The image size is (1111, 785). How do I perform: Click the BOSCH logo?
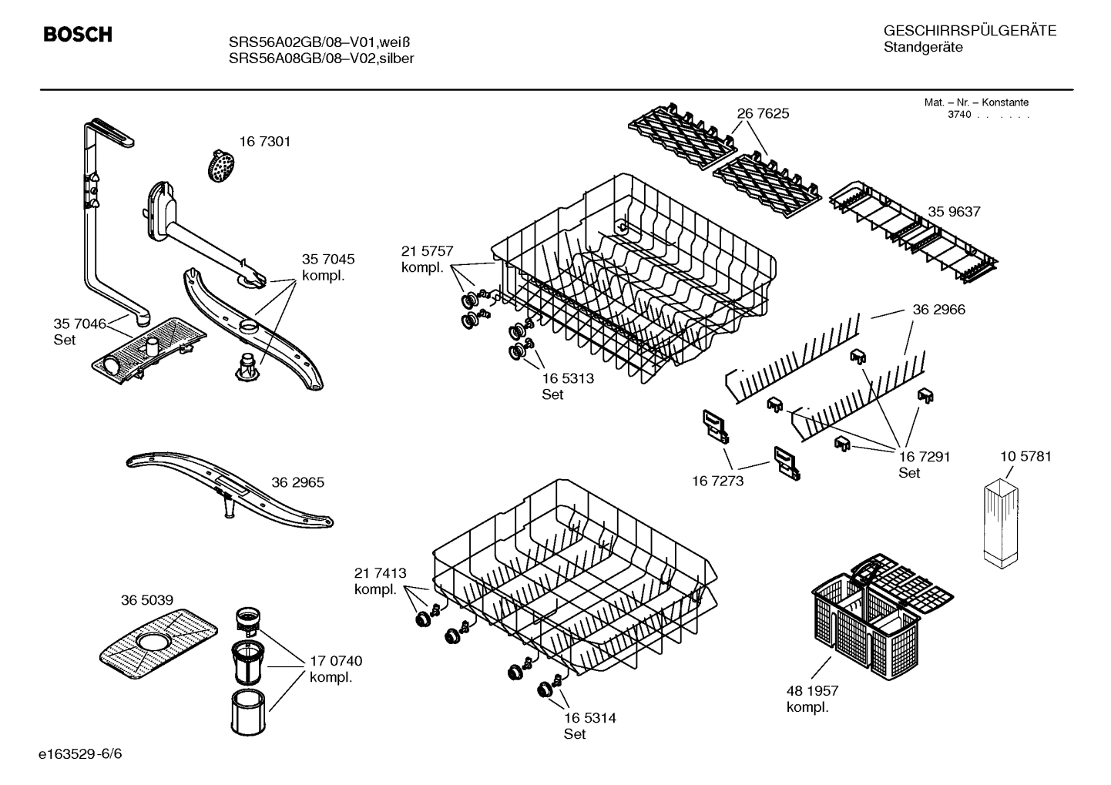[x=78, y=35]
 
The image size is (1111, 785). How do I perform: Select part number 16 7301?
[x=264, y=142]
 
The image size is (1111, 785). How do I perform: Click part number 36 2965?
[x=297, y=483]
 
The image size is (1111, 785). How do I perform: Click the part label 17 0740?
[x=335, y=661]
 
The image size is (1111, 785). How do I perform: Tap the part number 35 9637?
[x=954, y=212]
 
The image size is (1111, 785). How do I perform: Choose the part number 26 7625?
[x=763, y=114]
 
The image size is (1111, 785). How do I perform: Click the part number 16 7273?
[x=717, y=481]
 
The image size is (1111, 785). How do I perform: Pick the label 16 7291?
[x=924, y=457]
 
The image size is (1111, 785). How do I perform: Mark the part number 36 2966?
[x=938, y=310]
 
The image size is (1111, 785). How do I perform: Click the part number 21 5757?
[x=427, y=251]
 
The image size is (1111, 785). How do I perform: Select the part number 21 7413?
[x=380, y=573]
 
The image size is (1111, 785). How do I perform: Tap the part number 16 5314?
[x=589, y=718]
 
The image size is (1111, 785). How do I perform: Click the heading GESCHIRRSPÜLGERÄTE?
[x=969, y=31]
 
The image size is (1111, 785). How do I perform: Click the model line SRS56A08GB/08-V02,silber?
[x=321, y=59]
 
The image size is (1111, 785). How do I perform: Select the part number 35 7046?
[x=79, y=324]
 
